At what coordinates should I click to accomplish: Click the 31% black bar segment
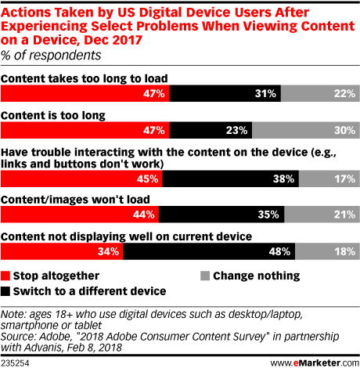pyautogui.click(x=225, y=93)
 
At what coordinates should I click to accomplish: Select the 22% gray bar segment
pyautogui.click(x=320, y=93)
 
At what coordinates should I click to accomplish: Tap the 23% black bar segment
pyautogui.click(x=211, y=130)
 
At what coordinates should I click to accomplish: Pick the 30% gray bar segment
pyautogui.click(x=306, y=130)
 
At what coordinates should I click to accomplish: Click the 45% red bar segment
pyautogui.click(x=81, y=179)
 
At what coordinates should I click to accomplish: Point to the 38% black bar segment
pyautogui.click(x=231, y=179)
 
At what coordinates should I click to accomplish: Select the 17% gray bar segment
pyautogui.click(x=329, y=179)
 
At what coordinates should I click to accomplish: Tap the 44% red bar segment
pyautogui.click(x=80, y=215)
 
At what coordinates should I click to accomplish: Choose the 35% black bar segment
pyautogui.click(x=221, y=215)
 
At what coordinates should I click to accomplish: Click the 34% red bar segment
pyautogui.click(x=62, y=251)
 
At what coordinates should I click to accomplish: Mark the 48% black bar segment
pyautogui.click(x=209, y=251)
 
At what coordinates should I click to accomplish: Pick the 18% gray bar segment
pyautogui.click(x=328, y=251)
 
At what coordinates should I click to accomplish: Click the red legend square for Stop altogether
pyautogui.click(x=5, y=276)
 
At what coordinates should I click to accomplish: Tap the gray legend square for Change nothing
pyautogui.click(x=205, y=276)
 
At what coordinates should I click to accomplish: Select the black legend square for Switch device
pyautogui.click(x=5, y=291)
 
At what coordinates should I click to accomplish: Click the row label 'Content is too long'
pyautogui.click(x=53, y=115)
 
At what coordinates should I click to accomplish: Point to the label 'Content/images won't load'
pyautogui.click(x=75, y=200)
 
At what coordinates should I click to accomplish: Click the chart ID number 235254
pyautogui.click(x=15, y=363)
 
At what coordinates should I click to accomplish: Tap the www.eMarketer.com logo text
pyautogui.click(x=315, y=363)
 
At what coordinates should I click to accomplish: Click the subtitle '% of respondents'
pyautogui.click(x=51, y=56)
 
